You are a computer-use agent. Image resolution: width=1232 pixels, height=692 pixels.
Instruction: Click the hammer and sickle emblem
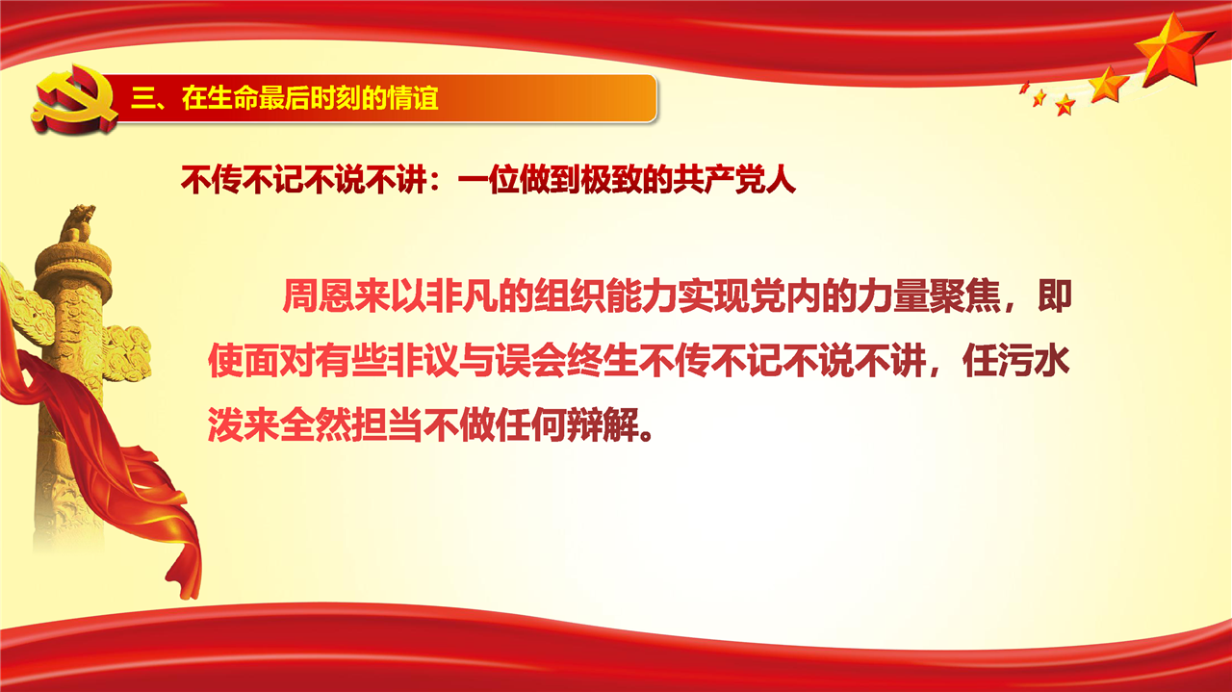[x=74, y=99]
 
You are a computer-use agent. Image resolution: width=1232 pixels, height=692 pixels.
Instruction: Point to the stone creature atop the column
[x=78, y=222]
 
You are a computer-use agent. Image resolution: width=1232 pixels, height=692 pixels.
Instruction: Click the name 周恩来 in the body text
[x=337, y=296]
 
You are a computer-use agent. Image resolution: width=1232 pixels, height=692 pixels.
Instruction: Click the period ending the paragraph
[x=648, y=436]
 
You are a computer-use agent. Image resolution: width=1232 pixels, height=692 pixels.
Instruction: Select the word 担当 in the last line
[x=387, y=425]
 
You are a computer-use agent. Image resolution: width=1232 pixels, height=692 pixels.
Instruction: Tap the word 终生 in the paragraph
[x=603, y=362]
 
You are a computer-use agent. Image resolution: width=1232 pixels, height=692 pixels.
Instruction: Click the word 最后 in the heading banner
[x=283, y=98]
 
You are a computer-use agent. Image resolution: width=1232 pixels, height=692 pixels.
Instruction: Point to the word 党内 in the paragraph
[x=785, y=296]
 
